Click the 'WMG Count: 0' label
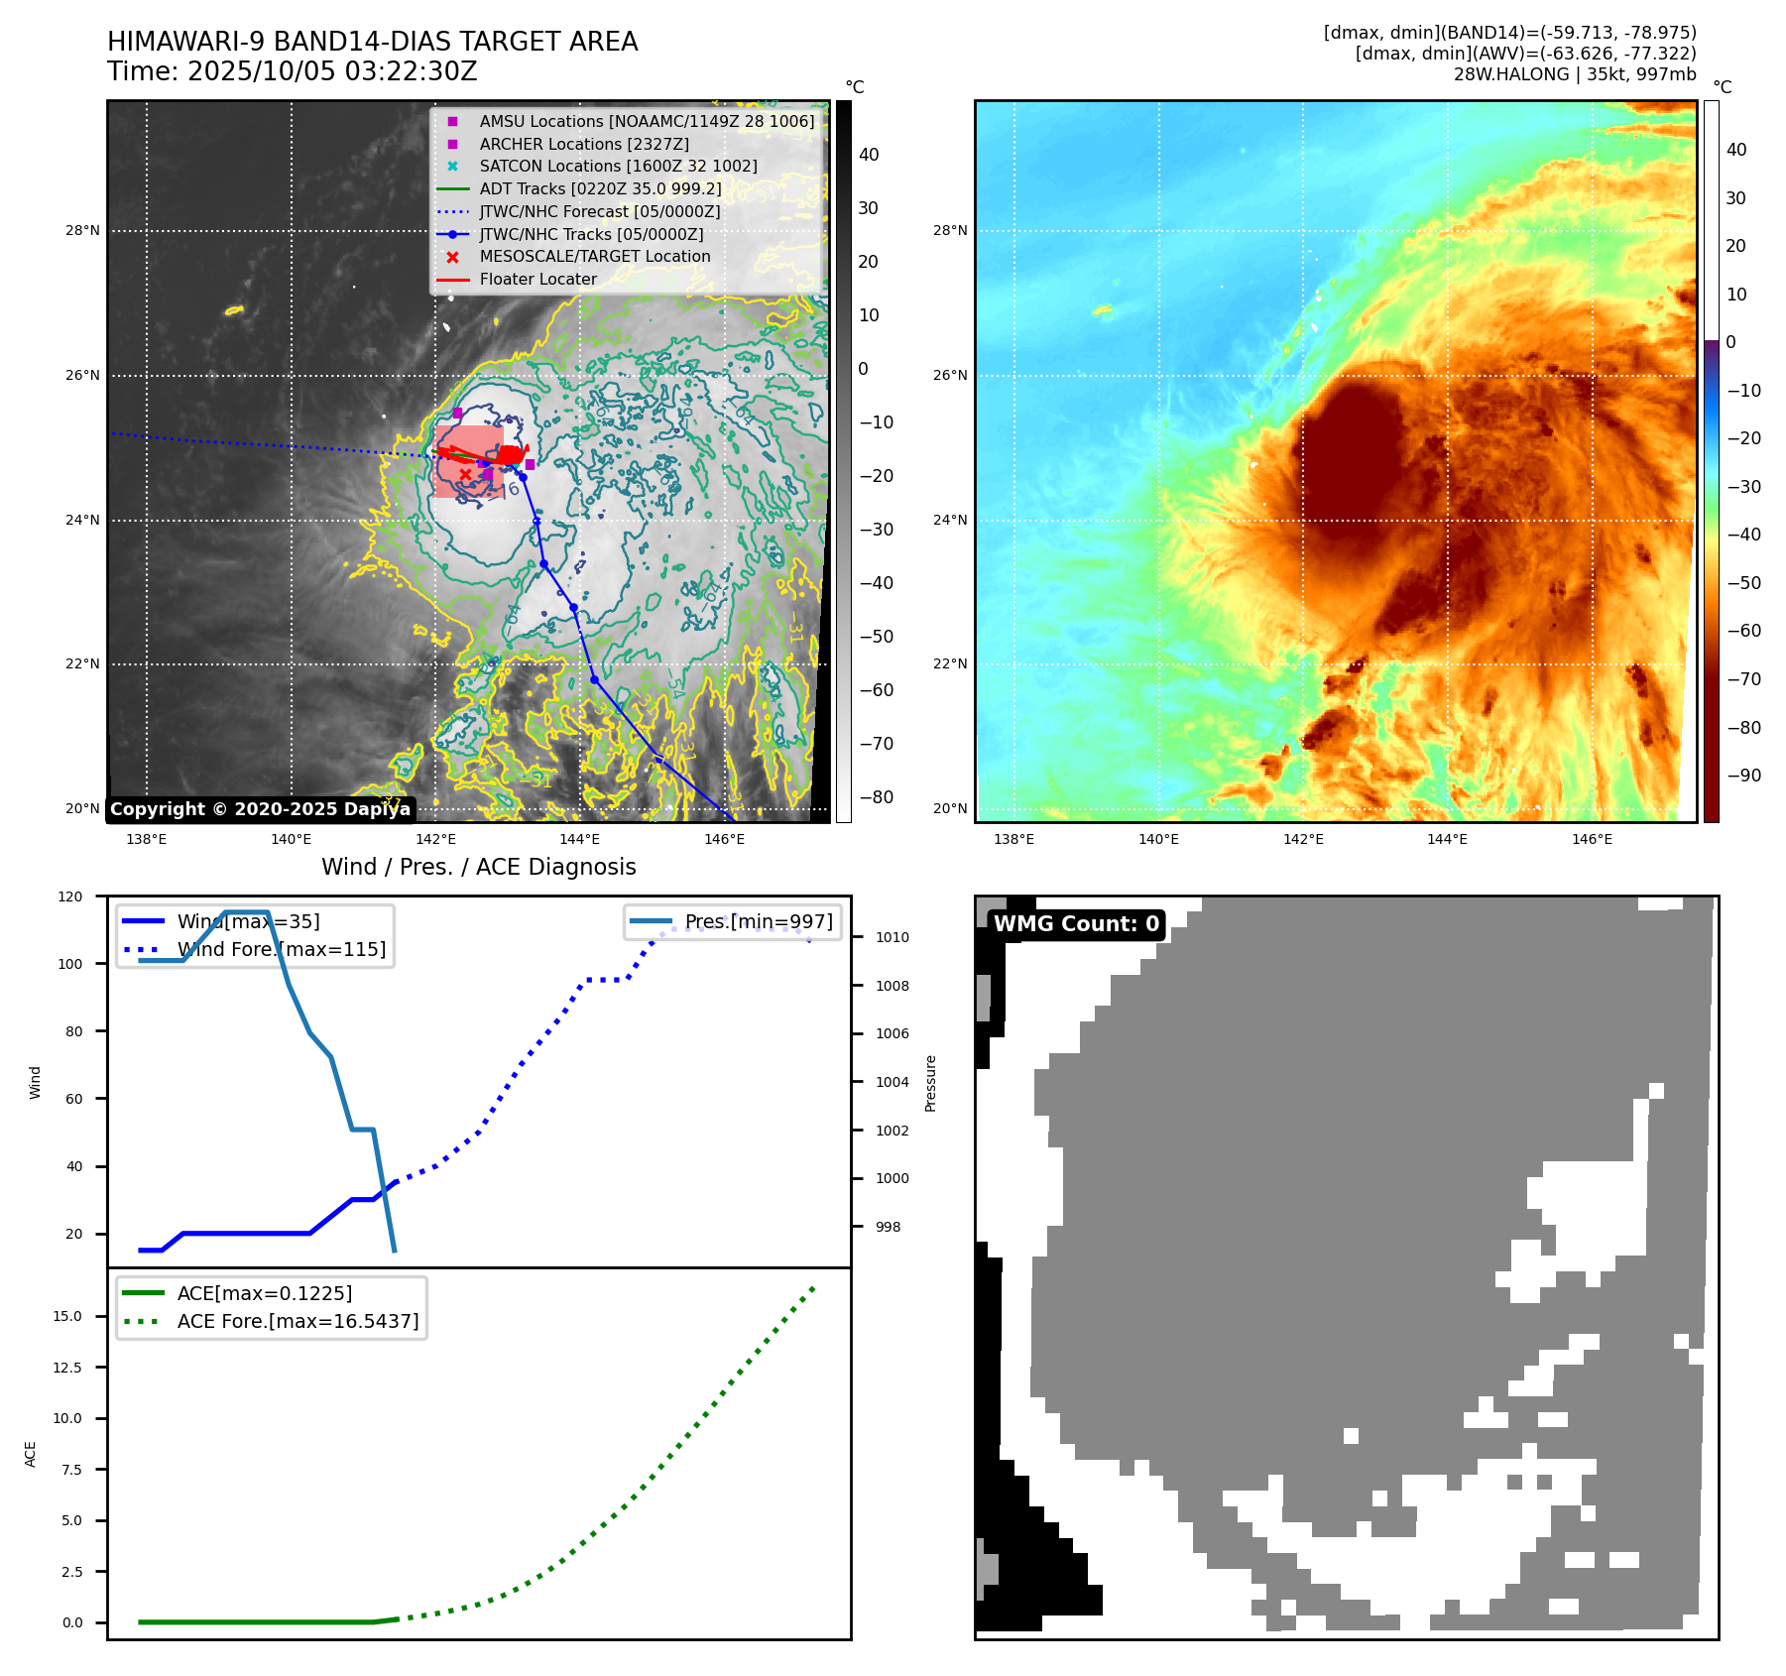click(x=1076, y=924)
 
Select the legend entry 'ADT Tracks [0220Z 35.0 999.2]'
click(x=600, y=189)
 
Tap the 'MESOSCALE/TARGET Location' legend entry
click(x=594, y=257)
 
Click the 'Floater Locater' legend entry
click(x=537, y=280)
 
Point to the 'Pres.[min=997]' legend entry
click(x=758, y=922)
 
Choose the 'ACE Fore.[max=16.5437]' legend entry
click(x=298, y=1322)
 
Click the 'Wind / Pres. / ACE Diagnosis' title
click(x=478, y=868)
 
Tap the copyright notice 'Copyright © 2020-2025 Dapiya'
click(x=260, y=809)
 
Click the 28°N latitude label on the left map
click(x=82, y=231)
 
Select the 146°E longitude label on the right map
click(x=1592, y=840)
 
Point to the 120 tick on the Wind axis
click(x=70, y=897)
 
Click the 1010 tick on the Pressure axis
click(x=892, y=937)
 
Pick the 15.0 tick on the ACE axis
click(x=67, y=1317)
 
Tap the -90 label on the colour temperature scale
click(x=1743, y=776)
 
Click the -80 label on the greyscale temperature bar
click(x=876, y=797)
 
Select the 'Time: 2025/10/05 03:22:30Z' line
click(x=293, y=72)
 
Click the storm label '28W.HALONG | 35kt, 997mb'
click(x=1574, y=74)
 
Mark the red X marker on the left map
click(x=465, y=474)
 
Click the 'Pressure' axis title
click(x=931, y=1083)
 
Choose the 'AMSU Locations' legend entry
click(x=647, y=122)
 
